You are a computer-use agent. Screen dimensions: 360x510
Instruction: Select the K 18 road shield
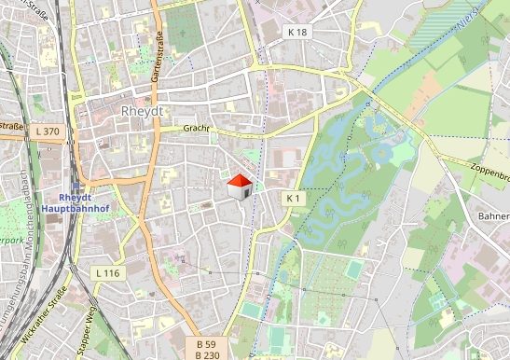pos(296,32)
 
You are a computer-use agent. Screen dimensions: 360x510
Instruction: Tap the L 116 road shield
pos(108,272)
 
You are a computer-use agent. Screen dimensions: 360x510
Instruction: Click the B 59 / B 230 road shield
pos(207,349)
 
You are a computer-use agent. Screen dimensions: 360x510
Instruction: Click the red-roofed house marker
pos(240,187)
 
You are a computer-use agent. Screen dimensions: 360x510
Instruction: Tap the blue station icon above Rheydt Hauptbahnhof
pos(76,173)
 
